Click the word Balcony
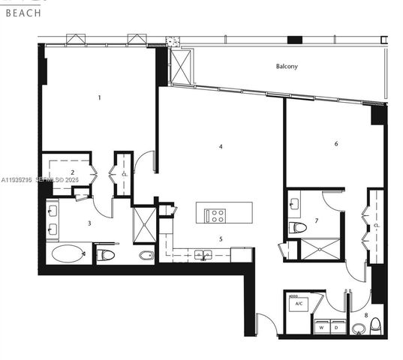[287, 67]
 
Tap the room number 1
[99, 97]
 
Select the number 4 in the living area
[221, 147]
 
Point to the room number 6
[335, 143]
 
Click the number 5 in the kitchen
[221, 239]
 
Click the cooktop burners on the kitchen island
[216, 216]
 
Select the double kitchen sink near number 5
[201, 255]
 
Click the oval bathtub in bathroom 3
[68, 253]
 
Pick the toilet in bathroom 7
[298, 227]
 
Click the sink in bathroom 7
[294, 203]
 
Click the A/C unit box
[298, 304]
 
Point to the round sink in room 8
[357, 328]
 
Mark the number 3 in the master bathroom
[89, 223]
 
